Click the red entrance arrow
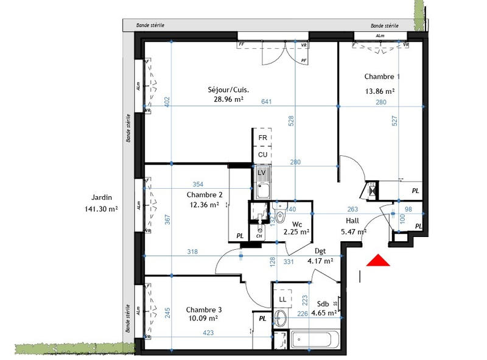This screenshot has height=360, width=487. pos(377,261)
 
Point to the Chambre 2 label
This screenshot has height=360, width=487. pos(204,195)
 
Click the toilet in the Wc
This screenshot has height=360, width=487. pos(281,216)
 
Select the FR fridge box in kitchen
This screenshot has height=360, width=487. pos(263,138)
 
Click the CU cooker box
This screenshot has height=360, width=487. pos(263,155)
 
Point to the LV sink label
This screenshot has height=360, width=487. pos(263,172)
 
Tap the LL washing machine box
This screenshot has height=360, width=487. pos(282,299)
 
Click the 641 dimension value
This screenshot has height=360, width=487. pos(267,102)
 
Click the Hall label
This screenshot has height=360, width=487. pos(351,222)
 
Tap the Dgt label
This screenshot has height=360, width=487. pos(320,251)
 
